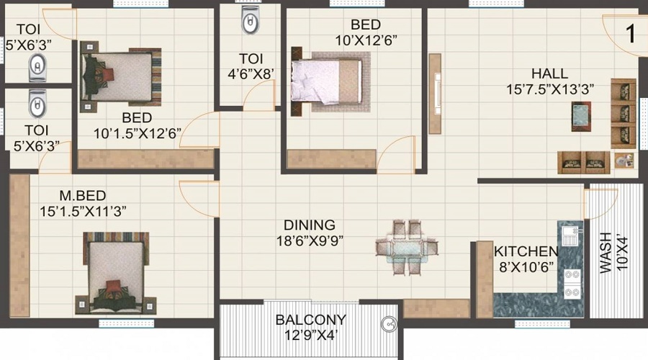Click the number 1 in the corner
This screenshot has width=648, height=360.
(x=631, y=35)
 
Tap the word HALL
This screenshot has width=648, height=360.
(x=549, y=73)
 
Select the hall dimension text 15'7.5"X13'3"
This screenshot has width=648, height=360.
(x=549, y=89)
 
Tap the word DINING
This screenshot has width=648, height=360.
(x=309, y=225)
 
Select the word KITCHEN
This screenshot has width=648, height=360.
(x=526, y=251)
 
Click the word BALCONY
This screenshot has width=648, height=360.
(x=311, y=319)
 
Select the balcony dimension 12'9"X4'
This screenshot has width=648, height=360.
(x=311, y=334)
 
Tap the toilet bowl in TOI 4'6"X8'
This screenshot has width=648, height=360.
(x=250, y=24)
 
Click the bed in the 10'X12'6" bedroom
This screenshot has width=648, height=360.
(x=325, y=80)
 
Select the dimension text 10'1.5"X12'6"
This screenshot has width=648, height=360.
(x=137, y=133)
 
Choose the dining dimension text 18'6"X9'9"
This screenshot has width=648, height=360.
(x=309, y=240)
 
